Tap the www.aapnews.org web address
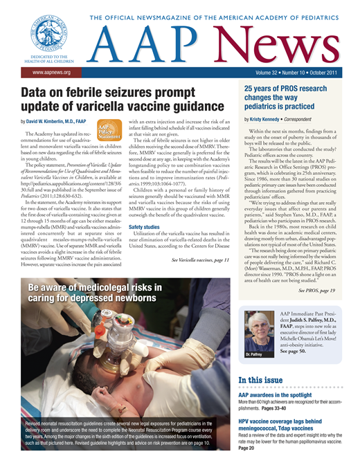(x=46, y=72)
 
